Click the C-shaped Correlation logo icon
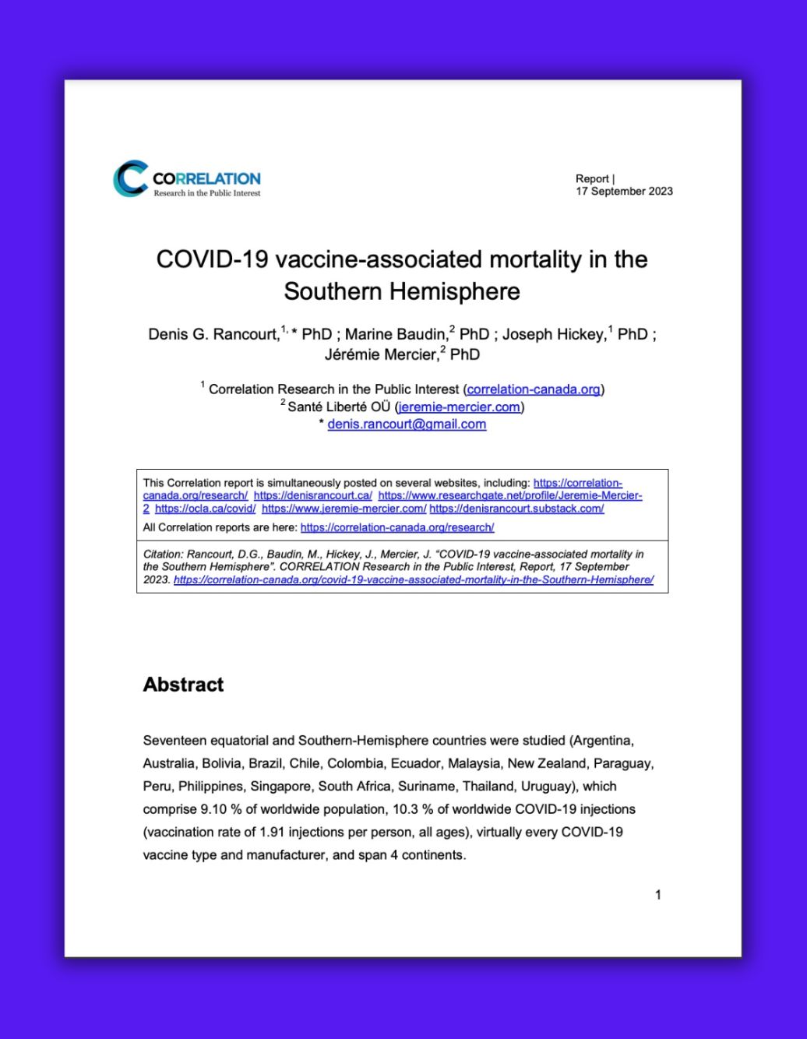click(130, 178)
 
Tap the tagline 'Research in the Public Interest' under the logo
click(206, 193)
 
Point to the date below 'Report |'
click(624, 191)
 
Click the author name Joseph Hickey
click(553, 334)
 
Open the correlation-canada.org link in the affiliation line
click(534, 389)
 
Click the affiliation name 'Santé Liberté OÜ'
click(339, 407)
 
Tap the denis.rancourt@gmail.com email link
click(407, 424)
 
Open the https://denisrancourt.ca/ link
click(313, 495)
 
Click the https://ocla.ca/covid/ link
click(205, 509)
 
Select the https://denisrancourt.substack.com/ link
click(516, 509)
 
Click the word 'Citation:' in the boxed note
click(163, 555)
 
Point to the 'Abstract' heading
click(183, 685)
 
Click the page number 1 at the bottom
click(658, 895)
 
